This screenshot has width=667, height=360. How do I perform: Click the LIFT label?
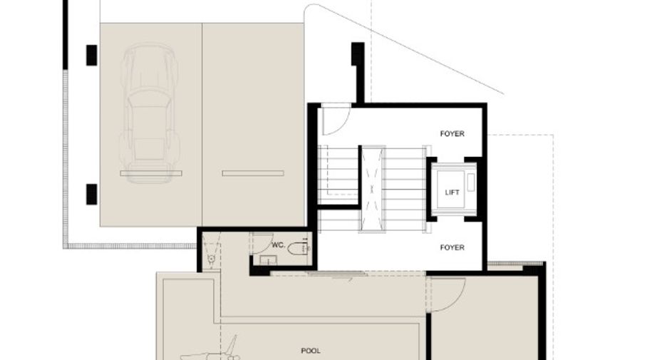452,192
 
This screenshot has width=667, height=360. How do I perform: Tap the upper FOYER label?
453,133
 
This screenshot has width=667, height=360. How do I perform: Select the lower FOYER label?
453,247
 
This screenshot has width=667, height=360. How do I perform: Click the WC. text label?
278,245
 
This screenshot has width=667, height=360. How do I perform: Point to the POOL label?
311,351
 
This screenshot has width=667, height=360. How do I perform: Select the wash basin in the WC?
268,259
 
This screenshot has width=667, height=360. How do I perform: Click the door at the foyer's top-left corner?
336,120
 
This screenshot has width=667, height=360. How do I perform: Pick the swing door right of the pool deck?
448,294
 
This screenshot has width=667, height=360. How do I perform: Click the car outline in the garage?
149,113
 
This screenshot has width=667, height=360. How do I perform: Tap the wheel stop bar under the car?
151,173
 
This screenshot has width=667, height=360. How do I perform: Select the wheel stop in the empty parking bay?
253,173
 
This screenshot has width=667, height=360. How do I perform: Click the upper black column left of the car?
91,56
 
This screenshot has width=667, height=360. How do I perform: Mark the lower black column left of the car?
91,195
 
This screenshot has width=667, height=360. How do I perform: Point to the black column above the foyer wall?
357,54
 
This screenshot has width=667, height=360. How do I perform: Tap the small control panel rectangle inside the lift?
470,182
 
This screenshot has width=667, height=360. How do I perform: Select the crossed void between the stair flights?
372,189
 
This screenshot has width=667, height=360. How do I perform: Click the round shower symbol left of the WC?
210,258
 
